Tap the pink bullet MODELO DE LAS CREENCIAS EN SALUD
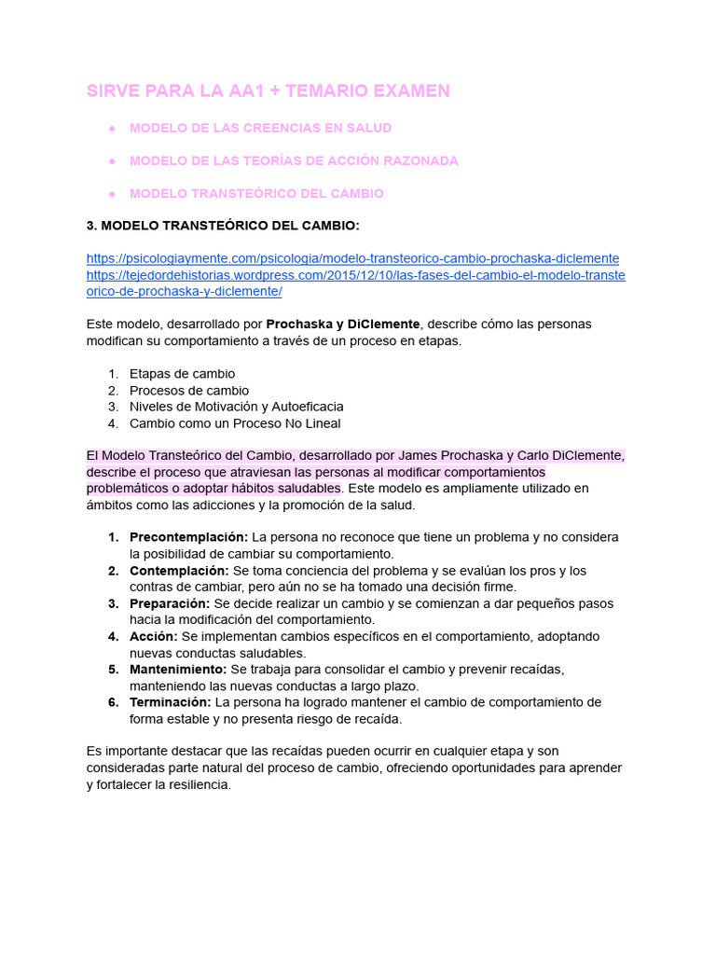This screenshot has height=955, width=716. (260, 128)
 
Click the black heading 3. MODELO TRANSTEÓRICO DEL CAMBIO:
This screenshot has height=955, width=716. (223, 226)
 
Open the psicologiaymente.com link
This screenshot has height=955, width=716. (352, 258)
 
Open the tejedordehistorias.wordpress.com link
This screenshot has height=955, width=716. (355, 275)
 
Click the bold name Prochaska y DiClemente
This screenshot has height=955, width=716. (343, 324)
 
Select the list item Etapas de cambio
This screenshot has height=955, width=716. (182, 374)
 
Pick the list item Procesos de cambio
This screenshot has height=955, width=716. (189, 391)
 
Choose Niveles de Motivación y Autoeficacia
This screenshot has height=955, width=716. (236, 407)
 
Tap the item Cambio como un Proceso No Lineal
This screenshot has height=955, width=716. (235, 423)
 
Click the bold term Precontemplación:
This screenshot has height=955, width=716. (188, 537)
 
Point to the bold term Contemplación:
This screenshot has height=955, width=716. (179, 570)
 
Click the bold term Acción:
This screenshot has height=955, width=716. (154, 636)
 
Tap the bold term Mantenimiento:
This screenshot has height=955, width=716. (177, 670)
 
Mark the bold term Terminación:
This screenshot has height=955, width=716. (170, 702)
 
